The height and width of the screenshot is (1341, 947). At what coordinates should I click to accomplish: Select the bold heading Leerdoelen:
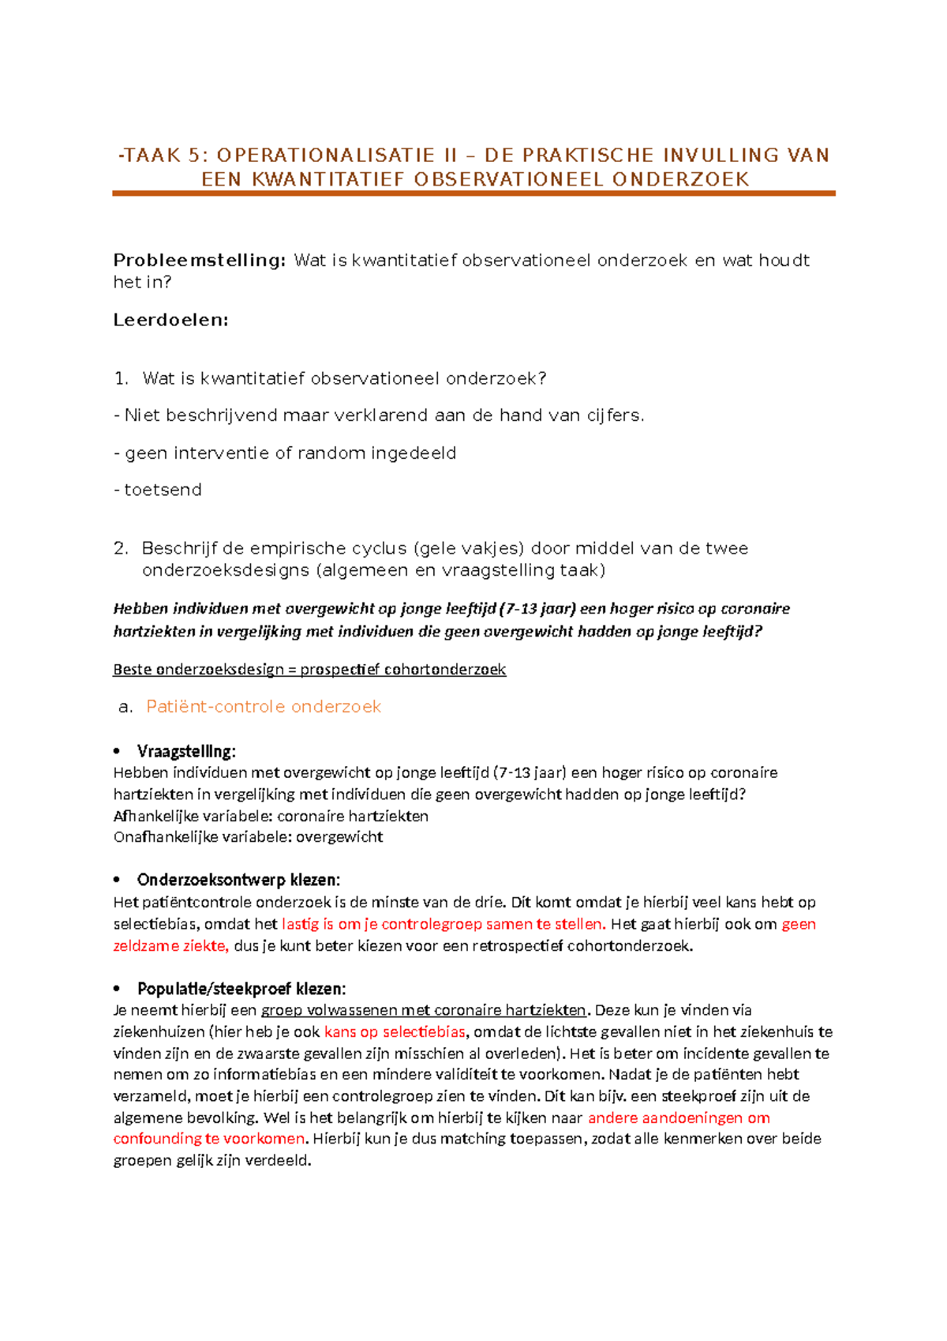(170, 320)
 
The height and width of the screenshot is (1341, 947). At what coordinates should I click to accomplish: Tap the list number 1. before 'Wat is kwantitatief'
(121, 378)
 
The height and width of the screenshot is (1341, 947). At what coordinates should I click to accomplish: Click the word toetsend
(163, 490)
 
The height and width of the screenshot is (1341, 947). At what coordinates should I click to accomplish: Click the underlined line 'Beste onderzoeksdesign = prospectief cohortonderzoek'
(309, 670)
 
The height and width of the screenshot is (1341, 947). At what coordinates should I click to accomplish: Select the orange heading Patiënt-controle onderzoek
(264, 707)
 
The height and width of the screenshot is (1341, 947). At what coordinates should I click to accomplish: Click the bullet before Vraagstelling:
(117, 751)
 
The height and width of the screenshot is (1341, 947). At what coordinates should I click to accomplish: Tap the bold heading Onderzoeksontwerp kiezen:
(238, 880)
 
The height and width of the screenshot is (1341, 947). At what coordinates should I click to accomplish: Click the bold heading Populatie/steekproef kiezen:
(241, 989)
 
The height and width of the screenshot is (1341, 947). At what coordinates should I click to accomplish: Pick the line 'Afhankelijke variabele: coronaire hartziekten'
(271, 816)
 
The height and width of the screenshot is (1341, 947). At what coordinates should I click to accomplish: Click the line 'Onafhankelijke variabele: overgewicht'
(248, 837)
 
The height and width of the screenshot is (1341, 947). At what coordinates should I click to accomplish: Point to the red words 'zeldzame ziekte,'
(170, 946)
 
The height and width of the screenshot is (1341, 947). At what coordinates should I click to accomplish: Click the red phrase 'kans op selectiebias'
(395, 1031)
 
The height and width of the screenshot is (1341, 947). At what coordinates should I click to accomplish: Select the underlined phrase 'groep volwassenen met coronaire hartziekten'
(423, 1010)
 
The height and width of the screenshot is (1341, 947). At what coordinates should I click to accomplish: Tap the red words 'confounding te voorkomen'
(208, 1139)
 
